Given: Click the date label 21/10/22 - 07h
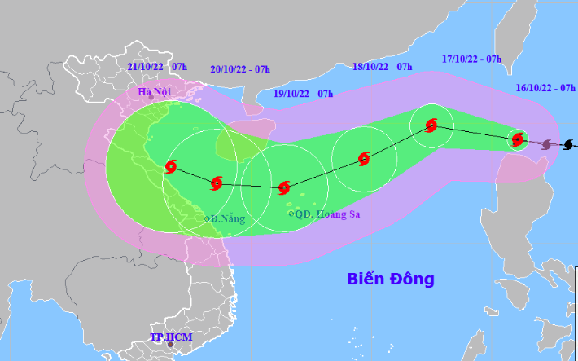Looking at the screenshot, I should click(x=158, y=66).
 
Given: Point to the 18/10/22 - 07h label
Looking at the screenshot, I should click(x=383, y=66).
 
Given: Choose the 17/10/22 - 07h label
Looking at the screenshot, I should click(x=472, y=59).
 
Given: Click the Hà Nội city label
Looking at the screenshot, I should click(x=152, y=92).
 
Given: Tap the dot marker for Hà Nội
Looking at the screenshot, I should click(x=151, y=99).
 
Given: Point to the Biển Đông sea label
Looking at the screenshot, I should click(x=391, y=280).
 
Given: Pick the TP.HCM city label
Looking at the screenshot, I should click(x=169, y=337).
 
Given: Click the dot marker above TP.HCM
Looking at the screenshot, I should click(x=170, y=345).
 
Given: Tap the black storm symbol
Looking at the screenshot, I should click(x=567, y=145).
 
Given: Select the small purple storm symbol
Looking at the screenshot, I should click(x=545, y=144).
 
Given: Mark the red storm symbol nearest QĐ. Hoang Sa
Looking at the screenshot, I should click(x=284, y=188).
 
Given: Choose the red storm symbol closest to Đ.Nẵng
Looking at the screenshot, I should click(x=217, y=184).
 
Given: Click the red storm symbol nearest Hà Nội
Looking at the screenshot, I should click(x=171, y=167).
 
